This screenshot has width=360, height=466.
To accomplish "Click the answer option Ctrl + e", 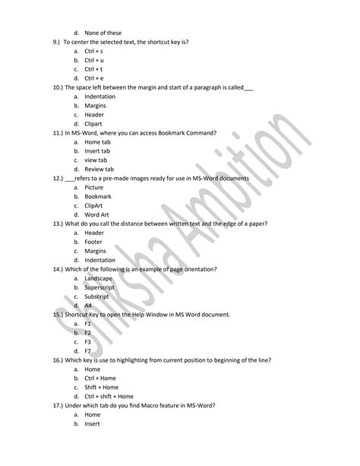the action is click(x=94, y=78).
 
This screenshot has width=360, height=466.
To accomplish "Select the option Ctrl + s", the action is click(x=94, y=50).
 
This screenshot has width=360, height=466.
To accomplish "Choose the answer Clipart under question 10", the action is click(x=94, y=123).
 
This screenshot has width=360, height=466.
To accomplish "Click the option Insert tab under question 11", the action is click(x=97, y=151).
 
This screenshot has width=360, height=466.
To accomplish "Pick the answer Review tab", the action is click(x=99, y=169).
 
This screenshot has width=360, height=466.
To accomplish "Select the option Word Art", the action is click(x=97, y=214).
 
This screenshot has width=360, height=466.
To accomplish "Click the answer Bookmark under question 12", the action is click(x=98, y=196).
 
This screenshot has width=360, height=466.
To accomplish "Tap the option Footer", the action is click(x=94, y=242).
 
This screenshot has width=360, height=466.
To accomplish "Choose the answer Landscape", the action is click(x=99, y=278).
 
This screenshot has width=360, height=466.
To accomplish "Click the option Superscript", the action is click(x=100, y=287).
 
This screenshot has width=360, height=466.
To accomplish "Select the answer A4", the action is click(x=88, y=306).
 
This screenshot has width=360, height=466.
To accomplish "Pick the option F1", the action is click(x=88, y=324).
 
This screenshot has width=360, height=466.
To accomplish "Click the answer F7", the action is click(x=88, y=351).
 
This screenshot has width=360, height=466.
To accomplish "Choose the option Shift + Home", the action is click(x=102, y=387).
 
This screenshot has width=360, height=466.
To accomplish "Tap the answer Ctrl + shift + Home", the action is click(x=109, y=396).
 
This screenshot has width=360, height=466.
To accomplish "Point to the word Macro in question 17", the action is click(x=145, y=405).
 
